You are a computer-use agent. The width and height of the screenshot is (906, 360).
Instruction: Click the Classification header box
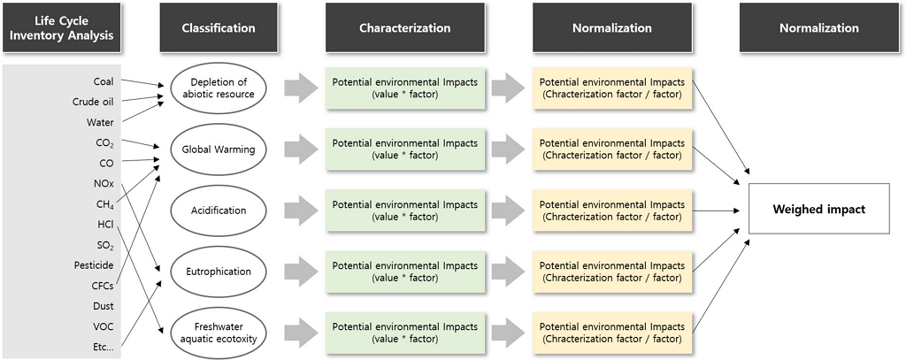point(219,27)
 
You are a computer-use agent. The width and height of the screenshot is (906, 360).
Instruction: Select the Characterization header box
point(405,27)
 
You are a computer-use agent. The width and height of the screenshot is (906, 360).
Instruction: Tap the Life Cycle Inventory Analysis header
point(61,27)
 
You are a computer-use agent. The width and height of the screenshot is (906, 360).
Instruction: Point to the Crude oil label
point(93,102)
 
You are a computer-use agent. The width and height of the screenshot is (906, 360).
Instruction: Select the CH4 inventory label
point(104,204)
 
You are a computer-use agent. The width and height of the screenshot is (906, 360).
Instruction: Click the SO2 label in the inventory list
point(105,245)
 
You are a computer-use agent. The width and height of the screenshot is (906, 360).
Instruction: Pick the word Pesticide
point(94,265)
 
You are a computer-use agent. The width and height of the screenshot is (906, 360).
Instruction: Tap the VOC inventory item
point(104,326)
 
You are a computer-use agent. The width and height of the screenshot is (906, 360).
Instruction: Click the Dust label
point(104,306)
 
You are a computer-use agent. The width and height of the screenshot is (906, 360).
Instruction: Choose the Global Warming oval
point(219,149)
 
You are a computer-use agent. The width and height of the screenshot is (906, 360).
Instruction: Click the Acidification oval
point(219,211)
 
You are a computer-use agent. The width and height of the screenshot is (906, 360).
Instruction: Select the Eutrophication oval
point(219,272)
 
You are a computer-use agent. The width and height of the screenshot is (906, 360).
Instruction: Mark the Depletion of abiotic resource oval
point(219,88)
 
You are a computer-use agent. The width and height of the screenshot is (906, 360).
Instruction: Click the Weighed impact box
point(818,209)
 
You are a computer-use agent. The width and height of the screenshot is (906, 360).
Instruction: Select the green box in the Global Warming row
point(405,149)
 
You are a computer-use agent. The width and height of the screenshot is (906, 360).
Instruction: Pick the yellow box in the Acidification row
point(612,211)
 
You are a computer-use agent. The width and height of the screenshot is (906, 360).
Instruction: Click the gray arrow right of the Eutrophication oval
point(301,272)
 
